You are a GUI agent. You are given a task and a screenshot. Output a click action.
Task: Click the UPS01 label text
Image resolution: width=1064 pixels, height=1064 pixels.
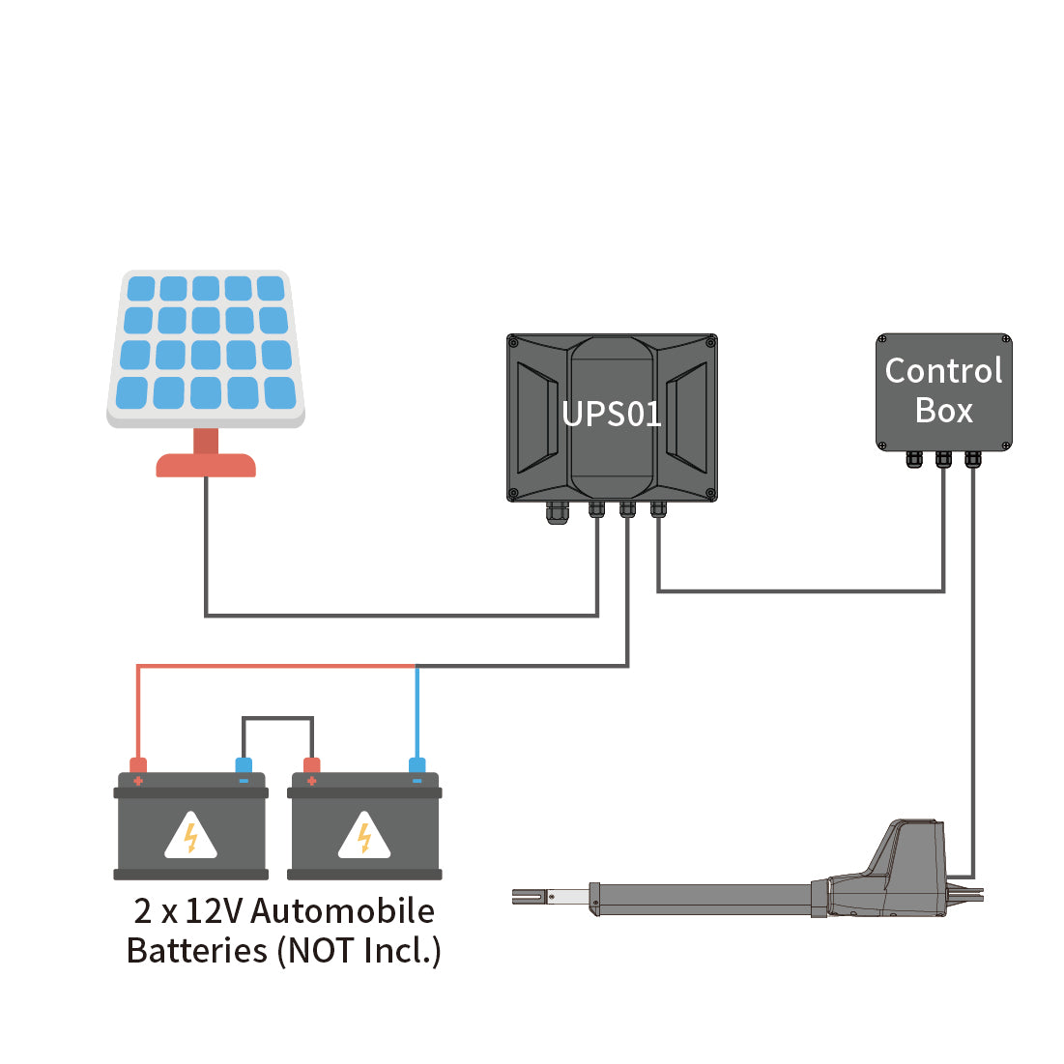tap(611, 414)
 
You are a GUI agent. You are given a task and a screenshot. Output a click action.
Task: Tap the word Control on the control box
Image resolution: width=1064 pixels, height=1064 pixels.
tap(943, 371)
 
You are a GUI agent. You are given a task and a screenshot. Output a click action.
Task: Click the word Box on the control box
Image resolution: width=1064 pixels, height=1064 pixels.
tap(943, 411)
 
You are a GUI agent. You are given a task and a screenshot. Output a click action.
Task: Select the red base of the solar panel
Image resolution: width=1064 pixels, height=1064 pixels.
tap(206, 465)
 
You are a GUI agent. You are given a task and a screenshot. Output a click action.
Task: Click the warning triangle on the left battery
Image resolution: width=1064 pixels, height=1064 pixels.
tap(190, 836)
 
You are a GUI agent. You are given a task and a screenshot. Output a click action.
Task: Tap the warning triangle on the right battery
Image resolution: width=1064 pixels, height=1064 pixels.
tap(364, 836)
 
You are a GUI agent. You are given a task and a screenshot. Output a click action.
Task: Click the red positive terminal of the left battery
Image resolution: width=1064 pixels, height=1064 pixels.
tap(138, 767)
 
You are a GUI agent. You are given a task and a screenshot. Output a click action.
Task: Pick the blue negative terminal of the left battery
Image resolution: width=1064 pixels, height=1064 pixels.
tap(244, 767)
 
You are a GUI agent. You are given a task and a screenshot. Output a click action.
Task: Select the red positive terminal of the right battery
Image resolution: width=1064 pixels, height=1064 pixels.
tap(311, 767)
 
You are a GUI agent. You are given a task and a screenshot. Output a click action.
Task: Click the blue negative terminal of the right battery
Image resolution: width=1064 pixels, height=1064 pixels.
tap(417, 767)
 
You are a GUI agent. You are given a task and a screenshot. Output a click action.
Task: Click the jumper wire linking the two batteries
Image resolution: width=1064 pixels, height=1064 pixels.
tap(277, 718)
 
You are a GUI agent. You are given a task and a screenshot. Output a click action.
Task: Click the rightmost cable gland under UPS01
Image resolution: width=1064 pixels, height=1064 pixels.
tap(658, 508)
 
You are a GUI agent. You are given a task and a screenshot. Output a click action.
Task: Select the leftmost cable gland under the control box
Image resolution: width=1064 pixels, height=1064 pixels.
tap(914, 459)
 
